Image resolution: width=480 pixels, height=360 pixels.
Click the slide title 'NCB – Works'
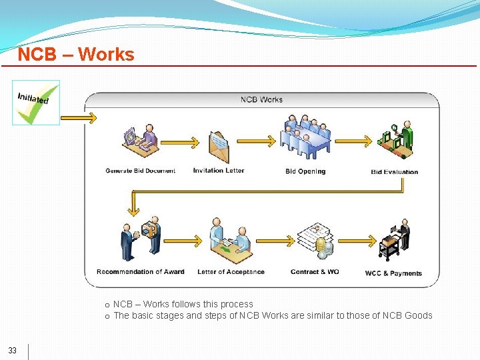(76, 55)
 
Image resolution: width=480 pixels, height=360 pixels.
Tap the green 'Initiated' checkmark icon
(36, 103)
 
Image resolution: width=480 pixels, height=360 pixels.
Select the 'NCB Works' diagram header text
(261, 100)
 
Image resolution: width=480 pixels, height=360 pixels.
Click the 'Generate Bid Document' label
(140, 171)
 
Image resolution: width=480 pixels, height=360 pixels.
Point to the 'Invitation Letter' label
(219, 171)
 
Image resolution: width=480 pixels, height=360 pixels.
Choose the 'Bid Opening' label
(305, 171)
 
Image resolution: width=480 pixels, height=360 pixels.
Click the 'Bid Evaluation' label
(395, 172)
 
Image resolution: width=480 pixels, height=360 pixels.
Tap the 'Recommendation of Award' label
(140, 272)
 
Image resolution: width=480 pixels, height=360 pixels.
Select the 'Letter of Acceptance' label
(231, 272)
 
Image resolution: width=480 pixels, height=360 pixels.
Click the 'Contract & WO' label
(315, 272)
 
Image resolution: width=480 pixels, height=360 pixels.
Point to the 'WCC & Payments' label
(393, 273)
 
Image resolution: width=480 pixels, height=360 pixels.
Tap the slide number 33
(13, 351)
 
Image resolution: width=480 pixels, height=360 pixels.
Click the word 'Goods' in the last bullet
(419, 315)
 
